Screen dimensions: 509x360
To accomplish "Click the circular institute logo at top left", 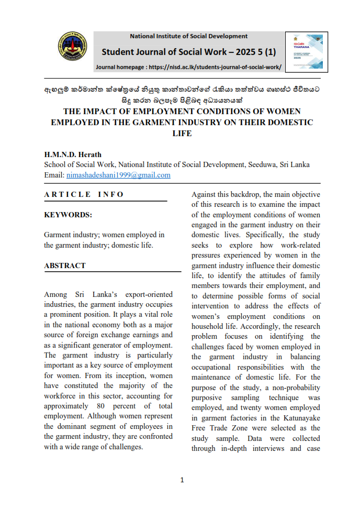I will coord(72,47).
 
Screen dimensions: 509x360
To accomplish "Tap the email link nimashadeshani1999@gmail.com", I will coord(118,175).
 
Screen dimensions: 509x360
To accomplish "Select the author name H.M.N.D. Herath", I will coord(73,154).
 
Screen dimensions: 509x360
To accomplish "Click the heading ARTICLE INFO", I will coord(84,194).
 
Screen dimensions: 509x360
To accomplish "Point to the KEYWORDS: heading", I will coord(68,215).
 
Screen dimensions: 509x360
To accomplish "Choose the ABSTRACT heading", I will coord(65,265).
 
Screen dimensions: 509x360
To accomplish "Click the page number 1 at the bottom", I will coord(182,480).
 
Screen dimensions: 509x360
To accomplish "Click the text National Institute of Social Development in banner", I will coord(188,36).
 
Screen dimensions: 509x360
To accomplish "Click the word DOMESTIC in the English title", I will coord(287,123).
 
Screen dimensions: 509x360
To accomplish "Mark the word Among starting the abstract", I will coord(55,295).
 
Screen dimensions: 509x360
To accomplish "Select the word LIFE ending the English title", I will coord(182,134).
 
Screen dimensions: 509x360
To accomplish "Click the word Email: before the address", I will coord(54,175).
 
